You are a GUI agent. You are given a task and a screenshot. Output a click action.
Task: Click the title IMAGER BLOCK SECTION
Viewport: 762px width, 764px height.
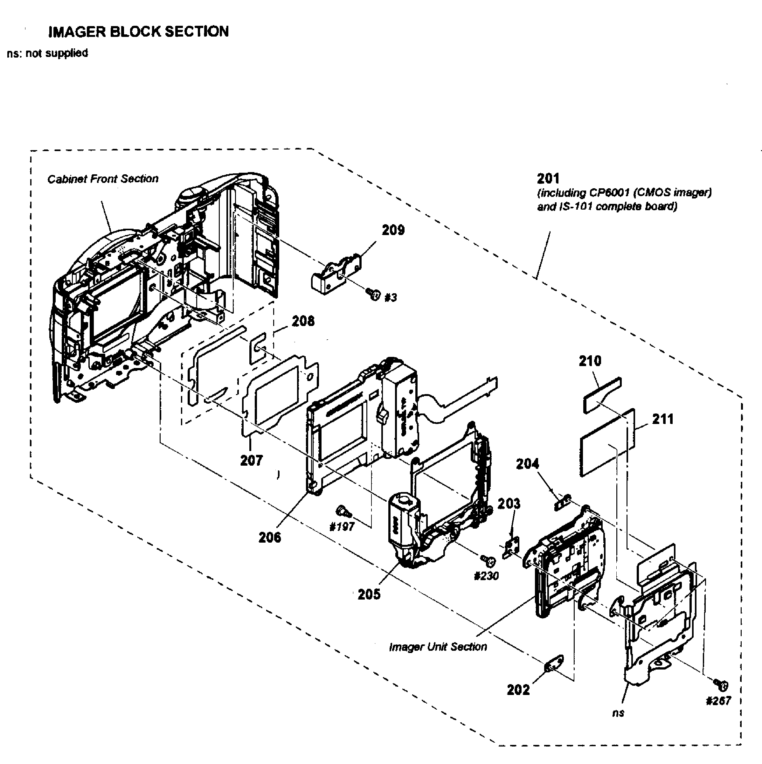pos(138,31)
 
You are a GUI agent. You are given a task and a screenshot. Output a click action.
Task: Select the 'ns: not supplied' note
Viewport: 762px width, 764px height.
pos(47,53)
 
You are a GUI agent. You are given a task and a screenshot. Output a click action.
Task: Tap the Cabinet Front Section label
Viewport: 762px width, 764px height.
pos(103,179)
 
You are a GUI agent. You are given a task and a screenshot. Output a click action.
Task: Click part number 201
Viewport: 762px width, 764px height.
pos(548,179)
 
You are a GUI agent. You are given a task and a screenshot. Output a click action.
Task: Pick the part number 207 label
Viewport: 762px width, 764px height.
pos(252,460)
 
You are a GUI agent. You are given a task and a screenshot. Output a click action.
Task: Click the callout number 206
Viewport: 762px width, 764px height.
pos(270,537)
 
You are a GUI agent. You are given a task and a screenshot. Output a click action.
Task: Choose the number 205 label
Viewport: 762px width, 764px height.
pos(369,594)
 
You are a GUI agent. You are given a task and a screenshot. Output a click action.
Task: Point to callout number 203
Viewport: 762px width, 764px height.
pos(509,504)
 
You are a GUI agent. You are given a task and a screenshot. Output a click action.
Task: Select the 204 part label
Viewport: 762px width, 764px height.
pos(528,464)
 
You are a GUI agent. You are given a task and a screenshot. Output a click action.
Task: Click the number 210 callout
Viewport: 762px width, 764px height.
pos(590,361)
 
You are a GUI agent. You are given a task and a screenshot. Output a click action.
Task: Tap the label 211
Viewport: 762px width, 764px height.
pos(663,419)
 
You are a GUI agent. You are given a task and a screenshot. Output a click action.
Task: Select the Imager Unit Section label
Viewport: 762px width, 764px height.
pos(438,647)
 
